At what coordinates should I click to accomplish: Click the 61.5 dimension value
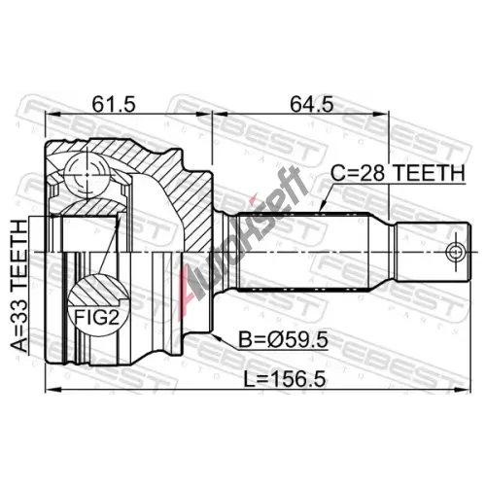tap(113, 104)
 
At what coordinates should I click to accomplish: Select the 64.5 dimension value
tap(311, 104)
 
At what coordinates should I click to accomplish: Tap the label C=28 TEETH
tap(398, 173)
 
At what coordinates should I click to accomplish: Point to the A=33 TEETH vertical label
tap(19, 286)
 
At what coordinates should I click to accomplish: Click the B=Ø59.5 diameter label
tap(283, 340)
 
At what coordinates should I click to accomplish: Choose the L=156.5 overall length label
tap(284, 379)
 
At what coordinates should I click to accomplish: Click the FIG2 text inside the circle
tap(96, 317)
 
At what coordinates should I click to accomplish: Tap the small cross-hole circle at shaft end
tap(456, 252)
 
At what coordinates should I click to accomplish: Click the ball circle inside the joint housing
tap(87, 175)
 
